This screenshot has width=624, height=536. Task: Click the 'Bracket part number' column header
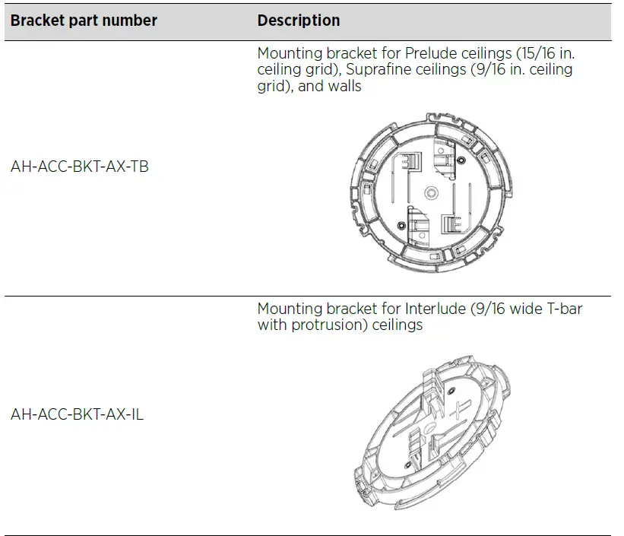[84, 21]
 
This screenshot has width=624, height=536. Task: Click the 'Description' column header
[298, 21]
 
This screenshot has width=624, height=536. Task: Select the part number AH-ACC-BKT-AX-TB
[80, 166]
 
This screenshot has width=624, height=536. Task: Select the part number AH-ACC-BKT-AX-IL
[78, 414]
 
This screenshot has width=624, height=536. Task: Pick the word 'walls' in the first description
[344, 87]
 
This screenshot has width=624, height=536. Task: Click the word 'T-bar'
[565, 309]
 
